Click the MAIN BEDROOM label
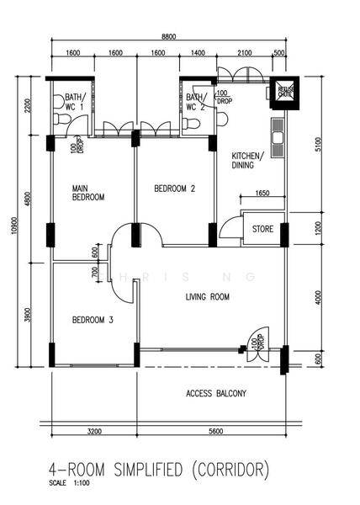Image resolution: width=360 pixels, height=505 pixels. click(x=87, y=192)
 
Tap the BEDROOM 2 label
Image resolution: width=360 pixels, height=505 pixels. click(x=174, y=189)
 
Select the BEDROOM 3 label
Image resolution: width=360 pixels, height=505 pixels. click(x=93, y=320)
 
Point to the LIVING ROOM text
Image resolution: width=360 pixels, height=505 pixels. click(x=208, y=297)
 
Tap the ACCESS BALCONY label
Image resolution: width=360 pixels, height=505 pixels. click(x=216, y=393)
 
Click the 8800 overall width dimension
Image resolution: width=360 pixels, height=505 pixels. click(x=169, y=37)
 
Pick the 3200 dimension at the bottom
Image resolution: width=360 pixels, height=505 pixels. click(x=93, y=431)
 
